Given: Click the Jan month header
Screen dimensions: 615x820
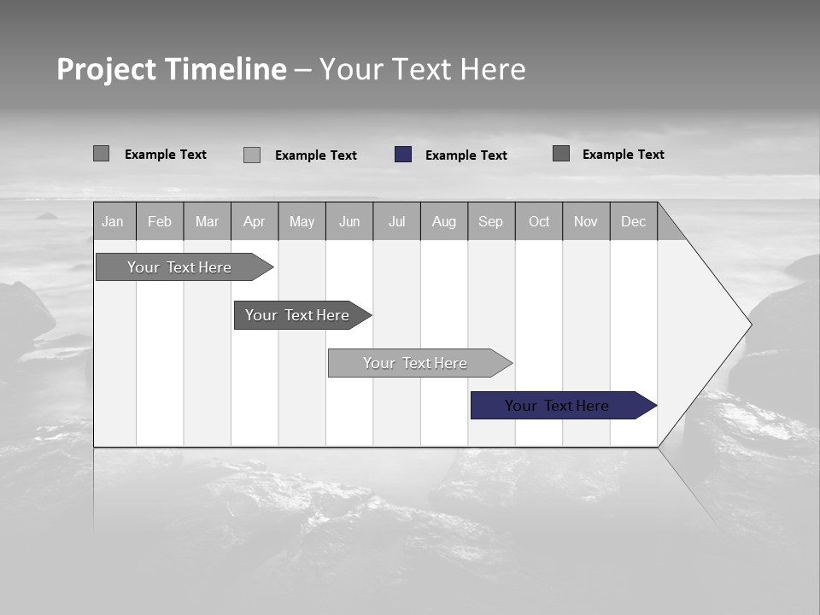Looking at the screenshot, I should (113, 221).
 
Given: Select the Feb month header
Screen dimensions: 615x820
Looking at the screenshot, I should (160, 221).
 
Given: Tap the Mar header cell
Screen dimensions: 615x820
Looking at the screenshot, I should (207, 221).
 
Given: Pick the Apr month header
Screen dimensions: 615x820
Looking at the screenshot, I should (254, 221).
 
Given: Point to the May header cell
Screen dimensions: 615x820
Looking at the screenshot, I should (302, 221).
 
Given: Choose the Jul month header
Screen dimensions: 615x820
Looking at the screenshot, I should (396, 221).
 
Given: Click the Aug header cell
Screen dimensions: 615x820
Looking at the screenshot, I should (443, 221).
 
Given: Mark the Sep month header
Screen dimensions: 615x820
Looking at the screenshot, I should (490, 221).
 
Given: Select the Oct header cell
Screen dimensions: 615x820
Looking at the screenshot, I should (539, 221).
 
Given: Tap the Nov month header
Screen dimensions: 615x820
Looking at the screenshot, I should (586, 221).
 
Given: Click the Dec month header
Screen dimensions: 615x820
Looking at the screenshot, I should (633, 221).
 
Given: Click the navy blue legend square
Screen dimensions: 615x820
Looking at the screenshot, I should (403, 155).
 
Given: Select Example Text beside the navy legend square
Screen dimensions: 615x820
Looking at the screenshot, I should (466, 155).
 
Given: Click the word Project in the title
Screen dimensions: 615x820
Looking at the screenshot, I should (106, 69).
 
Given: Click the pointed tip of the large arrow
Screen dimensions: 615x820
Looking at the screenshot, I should (749, 324).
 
